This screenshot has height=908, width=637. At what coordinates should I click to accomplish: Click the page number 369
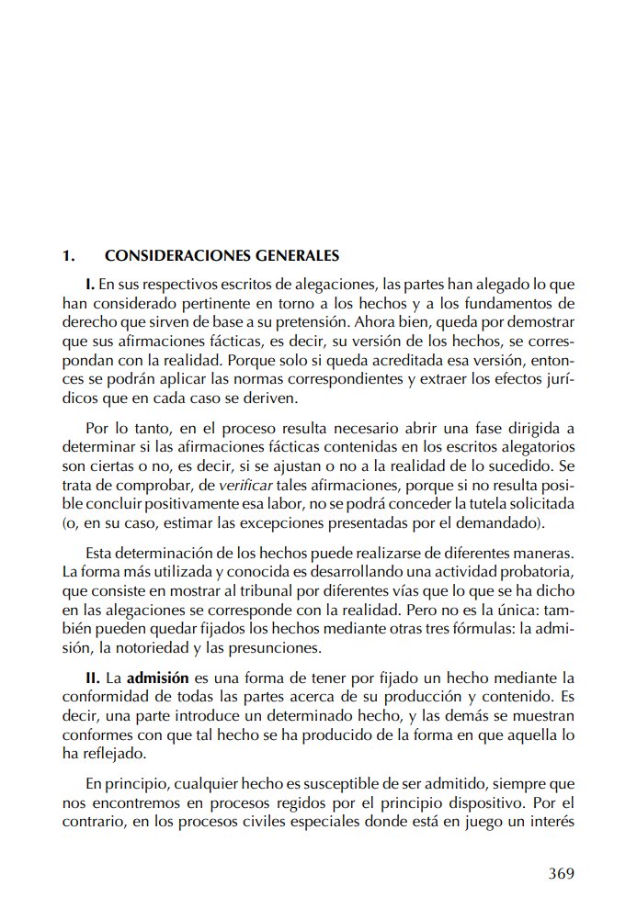[x=561, y=873]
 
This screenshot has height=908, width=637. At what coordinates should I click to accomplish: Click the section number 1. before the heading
[x=67, y=255]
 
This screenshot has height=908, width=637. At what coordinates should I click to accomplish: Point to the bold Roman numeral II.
[x=93, y=678]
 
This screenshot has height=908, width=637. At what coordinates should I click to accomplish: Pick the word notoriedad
[x=153, y=647]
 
